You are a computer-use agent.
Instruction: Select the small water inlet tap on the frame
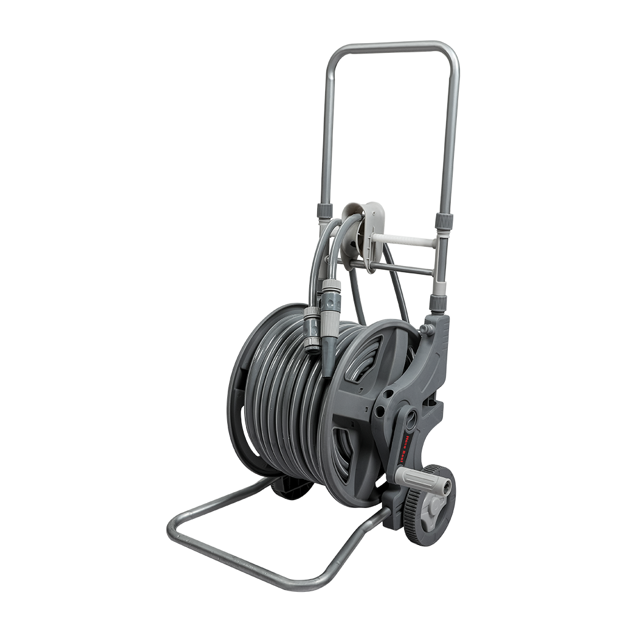[425, 328]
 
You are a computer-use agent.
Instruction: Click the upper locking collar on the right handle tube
[444, 219]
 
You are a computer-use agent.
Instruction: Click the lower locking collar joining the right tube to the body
[438, 303]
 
